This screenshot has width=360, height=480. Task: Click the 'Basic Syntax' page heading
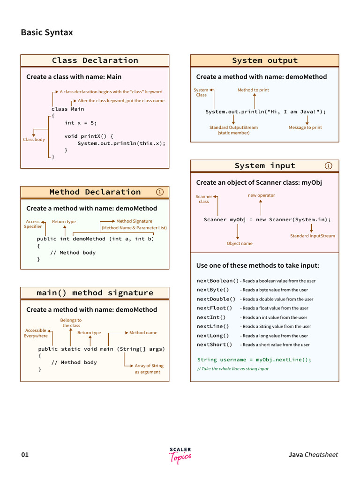(47, 32)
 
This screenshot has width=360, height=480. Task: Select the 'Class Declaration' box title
(95, 60)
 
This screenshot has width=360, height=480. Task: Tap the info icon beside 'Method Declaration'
(160, 192)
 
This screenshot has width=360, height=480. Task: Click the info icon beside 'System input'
(329, 165)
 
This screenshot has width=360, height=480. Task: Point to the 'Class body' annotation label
(34, 139)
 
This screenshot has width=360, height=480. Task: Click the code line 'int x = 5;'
(81, 123)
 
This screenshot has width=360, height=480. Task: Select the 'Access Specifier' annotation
(33, 224)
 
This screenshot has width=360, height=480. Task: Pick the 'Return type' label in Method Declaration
(64, 222)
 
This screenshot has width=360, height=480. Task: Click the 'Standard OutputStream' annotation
(233, 130)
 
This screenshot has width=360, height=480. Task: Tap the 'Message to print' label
(305, 127)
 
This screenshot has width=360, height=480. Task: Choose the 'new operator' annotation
(262, 195)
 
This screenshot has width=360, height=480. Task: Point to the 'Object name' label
(240, 243)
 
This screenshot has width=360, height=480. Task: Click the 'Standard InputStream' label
(313, 236)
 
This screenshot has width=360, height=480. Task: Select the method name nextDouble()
(216, 299)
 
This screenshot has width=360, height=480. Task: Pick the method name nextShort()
(214, 345)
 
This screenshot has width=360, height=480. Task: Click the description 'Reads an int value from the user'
(275, 317)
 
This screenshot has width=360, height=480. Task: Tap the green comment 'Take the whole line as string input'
(233, 369)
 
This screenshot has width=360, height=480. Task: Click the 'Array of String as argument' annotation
(149, 368)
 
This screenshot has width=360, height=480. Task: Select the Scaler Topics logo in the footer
(180, 456)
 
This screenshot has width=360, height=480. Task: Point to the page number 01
(25, 455)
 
